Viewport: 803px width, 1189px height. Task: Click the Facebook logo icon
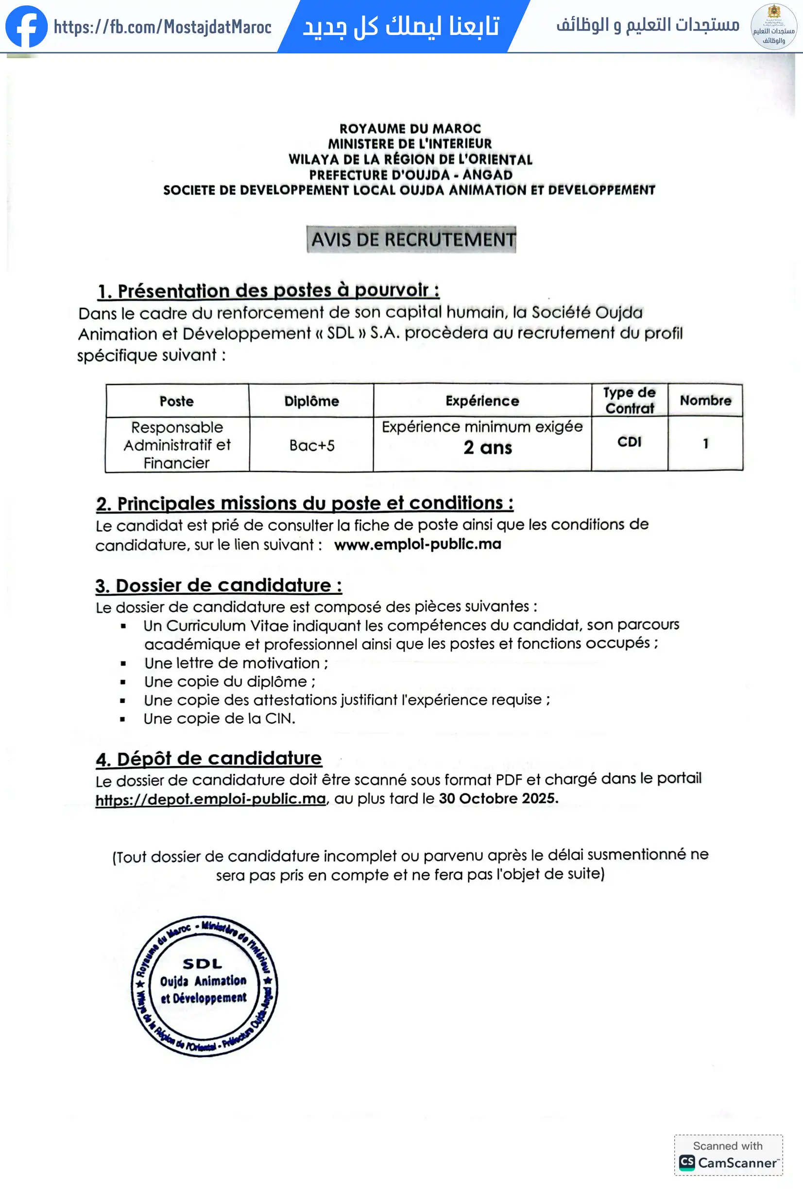pyautogui.click(x=26, y=26)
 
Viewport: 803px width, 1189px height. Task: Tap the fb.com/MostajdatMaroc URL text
pyautogui.click(x=162, y=27)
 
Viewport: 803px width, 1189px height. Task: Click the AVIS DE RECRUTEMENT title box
pyautogui.click(x=411, y=239)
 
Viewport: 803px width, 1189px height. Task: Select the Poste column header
pyautogui.click(x=176, y=401)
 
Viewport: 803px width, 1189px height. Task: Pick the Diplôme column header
pyautogui.click(x=311, y=401)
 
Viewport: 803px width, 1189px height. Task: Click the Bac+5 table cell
pyautogui.click(x=311, y=445)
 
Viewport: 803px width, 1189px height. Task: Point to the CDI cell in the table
pyautogui.click(x=629, y=442)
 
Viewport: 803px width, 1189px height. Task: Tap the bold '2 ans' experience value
pyautogui.click(x=487, y=448)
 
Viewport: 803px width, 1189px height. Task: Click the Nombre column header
pyautogui.click(x=705, y=400)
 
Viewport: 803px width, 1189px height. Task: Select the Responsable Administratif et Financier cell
pyautogui.click(x=176, y=445)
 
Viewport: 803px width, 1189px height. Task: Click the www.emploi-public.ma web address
pyautogui.click(x=417, y=544)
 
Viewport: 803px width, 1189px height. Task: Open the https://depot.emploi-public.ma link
pyautogui.click(x=210, y=799)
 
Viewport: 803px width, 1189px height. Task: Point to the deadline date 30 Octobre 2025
pyautogui.click(x=498, y=798)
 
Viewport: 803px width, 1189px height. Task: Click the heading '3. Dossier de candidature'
pyautogui.click(x=219, y=586)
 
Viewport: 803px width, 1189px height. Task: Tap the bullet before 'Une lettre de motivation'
pyautogui.click(x=123, y=664)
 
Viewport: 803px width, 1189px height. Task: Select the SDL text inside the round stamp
pyautogui.click(x=203, y=964)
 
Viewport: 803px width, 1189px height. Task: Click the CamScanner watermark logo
pyautogui.click(x=687, y=1162)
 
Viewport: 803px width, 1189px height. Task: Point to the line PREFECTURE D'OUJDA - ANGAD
pyautogui.click(x=410, y=174)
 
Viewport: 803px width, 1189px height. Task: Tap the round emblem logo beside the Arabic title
pyautogui.click(x=773, y=27)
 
